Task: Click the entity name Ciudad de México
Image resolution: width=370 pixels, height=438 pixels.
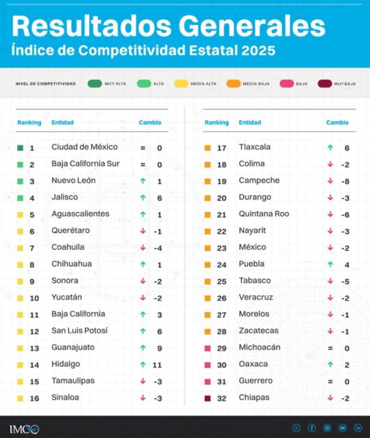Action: click(x=84, y=147)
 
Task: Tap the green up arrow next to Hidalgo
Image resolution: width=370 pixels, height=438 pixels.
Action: click(x=143, y=364)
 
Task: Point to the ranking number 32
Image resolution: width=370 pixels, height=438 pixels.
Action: click(x=221, y=399)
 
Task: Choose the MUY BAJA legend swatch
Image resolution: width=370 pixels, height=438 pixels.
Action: click(x=325, y=84)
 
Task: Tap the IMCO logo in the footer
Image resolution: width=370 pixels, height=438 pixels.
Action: click(x=24, y=428)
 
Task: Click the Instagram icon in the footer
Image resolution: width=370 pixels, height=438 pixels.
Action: click(x=327, y=428)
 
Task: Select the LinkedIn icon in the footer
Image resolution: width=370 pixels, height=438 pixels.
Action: click(x=358, y=428)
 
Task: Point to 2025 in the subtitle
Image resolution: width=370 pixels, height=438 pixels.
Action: click(x=258, y=50)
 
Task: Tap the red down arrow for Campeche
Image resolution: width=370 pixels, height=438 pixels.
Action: click(x=330, y=181)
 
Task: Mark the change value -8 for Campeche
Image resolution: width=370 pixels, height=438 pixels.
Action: click(x=345, y=181)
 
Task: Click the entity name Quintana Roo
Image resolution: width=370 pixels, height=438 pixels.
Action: click(x=264, y=214)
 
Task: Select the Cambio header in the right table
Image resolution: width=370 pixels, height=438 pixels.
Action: click(x=337, y=122)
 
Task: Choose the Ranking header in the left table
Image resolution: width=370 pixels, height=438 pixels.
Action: click(x=29, y=122)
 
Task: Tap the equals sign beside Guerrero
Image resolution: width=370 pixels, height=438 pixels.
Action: click(x=330, y=382)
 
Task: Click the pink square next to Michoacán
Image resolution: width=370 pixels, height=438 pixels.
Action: click(x=208, y=348)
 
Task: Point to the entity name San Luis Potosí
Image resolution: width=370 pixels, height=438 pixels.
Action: click(x=80, y=331)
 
